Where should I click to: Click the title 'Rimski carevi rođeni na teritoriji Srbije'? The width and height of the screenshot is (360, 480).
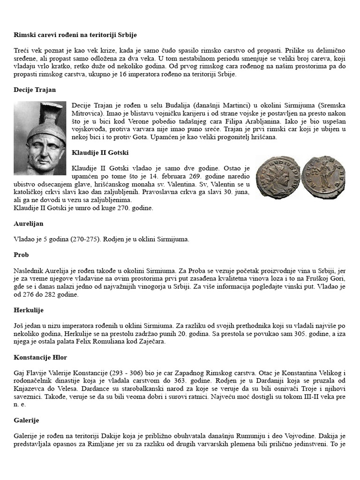pyautogui.click(x=75, y=35)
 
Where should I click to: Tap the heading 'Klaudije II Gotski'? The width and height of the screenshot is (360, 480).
pyautogui.click(x=100, y=153)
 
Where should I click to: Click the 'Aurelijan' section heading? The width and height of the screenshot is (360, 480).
pyautogui.click(x=29, y=224)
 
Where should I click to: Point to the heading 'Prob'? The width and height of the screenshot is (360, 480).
pyautogui.click(x=21, y=255)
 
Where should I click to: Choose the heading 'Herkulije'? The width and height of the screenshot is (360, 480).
pyautogui.click(x=28, y=310)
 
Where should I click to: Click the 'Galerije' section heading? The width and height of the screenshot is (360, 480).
pyautogui.click(x=26, y=420)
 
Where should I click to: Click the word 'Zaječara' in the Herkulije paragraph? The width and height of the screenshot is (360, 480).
pyautogui.click(x=151, y=342)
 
